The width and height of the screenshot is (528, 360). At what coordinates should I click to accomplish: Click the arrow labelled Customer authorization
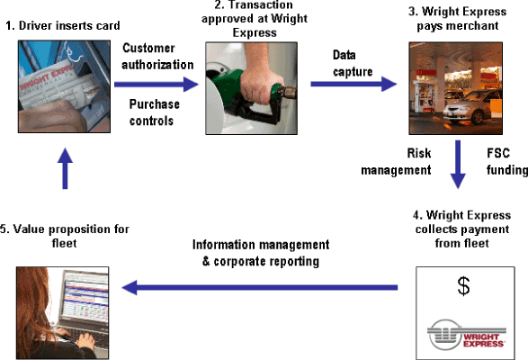pyautogui.click(x=157, y=85)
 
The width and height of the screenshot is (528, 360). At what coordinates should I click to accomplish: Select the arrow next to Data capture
pyautogui.click(x=353, y=84)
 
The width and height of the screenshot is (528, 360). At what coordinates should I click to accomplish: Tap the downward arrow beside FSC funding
pyautogui.click(x=458, y=165)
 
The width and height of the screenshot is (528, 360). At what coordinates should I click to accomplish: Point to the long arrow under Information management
pyautogui.click(x=260, y=287)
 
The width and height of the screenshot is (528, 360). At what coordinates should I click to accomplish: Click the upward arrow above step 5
pyautogui.click(x=65, y=168)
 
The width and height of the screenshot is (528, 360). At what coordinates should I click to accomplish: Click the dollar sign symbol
pyautogui.click(x=463, y=286)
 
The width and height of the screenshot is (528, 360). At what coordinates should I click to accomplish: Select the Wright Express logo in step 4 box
pyautogui.click(x=466, y=335)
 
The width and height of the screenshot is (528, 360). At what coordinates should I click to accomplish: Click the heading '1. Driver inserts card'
pyautogui.click(x=63, y=25)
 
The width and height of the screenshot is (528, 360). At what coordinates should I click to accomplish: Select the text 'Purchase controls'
pyautogui.click(x=154, y=112)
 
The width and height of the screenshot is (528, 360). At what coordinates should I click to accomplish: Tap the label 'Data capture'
pyautogui.click(x=353, y=63)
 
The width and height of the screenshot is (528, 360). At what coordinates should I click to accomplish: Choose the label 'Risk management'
pyautogui.click(x=396, y=161)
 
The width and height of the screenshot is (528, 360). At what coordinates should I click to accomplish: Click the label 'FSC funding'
pyautogui.click(x=506, y=161)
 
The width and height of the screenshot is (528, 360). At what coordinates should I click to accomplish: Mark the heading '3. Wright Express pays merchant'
pyautogui.click(x=457, y=19)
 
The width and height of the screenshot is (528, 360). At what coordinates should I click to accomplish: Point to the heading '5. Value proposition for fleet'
pyautogui.click(x=65, y=236)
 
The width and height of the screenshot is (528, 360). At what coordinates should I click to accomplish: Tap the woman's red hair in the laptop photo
pyautogui.click(x=37, y=303)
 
